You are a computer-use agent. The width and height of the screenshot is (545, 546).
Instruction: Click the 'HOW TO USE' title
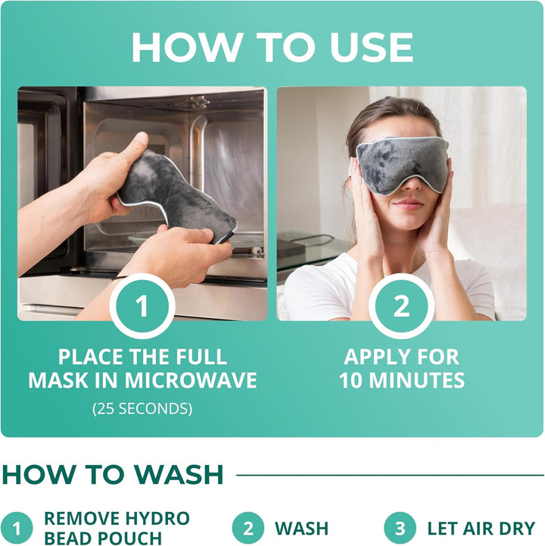272,47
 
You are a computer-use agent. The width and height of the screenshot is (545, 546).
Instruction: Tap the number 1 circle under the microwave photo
142,306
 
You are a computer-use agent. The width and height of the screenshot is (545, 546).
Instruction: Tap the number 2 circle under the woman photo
401,306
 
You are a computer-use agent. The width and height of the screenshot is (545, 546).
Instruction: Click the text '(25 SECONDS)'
142,409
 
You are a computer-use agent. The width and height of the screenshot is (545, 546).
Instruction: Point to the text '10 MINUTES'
401,380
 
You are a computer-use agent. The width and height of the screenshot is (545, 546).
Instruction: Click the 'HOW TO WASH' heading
113,475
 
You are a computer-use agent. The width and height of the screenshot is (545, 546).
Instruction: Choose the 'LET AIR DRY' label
481,528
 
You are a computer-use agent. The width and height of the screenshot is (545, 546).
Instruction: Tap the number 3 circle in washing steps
400,528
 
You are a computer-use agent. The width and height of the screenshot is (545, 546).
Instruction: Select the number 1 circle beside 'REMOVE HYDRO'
17,528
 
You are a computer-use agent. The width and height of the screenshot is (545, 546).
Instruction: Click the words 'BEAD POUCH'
103,538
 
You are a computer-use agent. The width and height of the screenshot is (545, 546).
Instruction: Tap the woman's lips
409,204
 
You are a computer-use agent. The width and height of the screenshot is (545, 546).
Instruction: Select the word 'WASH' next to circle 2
301,528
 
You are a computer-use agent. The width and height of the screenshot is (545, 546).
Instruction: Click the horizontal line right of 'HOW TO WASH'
390,476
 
